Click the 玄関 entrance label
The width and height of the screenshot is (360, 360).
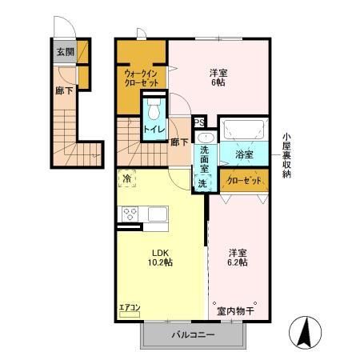[63, 53]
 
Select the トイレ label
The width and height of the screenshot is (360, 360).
[154, 128]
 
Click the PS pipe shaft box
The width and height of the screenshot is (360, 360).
[200, 122]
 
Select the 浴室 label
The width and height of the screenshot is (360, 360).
[244, 154]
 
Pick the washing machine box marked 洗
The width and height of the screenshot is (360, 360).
[203, 182]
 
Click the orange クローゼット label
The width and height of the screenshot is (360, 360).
[244, 181]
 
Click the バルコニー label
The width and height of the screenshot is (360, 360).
[191, 335]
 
